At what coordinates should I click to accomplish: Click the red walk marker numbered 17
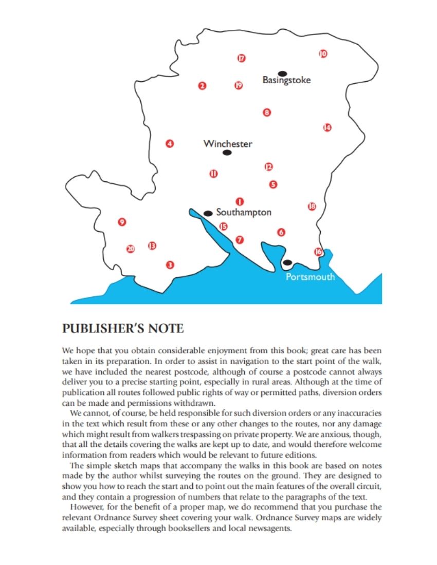tap(241, 58)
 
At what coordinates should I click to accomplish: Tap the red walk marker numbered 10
tap(323, 53)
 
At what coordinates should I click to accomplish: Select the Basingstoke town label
tap(286, 80)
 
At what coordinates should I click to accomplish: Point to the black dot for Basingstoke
tap(282, 73)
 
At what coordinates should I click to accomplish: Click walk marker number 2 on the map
tap(203, 86)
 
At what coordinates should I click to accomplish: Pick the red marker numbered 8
tap(266, 112)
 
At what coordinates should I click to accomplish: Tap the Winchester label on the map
tap(228, 144)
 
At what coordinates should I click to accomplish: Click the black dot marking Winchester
tap(227, 153)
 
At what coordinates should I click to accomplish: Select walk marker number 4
tap(170, 144)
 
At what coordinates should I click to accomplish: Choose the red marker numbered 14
tap(327, 127)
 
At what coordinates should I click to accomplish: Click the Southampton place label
tap(244, 212)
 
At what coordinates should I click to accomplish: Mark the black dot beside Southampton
tap(208, 213)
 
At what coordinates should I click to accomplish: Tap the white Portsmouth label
tap(310, 277)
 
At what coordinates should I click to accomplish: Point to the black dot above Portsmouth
tap(287, 262)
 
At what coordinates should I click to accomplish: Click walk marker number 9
tap(122, 222)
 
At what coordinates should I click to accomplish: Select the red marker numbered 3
tap(170, 265)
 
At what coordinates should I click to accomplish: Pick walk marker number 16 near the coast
tap(318, 252)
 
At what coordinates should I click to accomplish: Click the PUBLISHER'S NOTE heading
tap(122, 328)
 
